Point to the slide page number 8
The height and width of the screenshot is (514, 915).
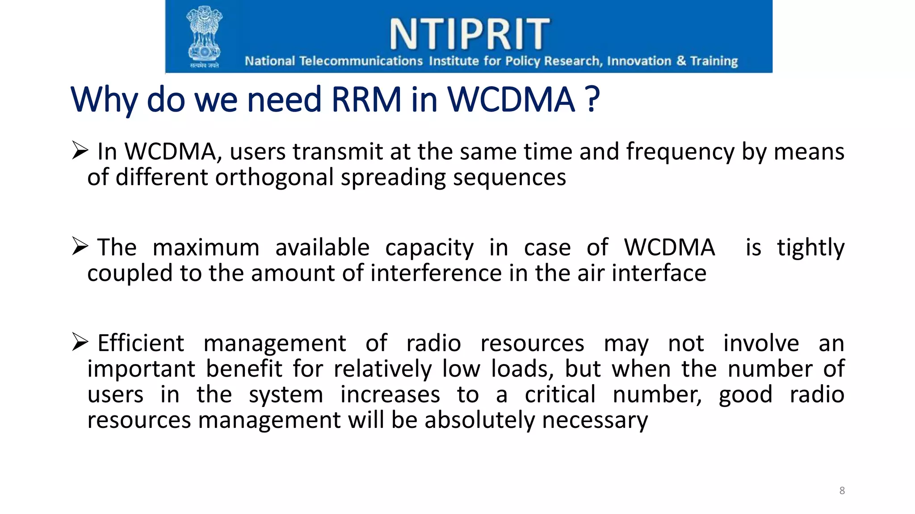pyautogui.click(x=842, y=490)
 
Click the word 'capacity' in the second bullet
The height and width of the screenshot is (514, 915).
pyautogui.click(x=429, y=248)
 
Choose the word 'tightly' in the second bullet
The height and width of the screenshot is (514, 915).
pyautogui.click(x=810, y=248)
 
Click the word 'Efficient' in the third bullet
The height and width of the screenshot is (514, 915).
pyautogui.click(x=140, y=344)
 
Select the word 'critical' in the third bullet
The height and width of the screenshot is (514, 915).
pyautogui.click(x=560, y=394)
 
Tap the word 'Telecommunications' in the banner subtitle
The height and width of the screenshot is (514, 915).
pyautogui.click(x=361, y=61)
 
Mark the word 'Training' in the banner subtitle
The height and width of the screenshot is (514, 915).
pyautogui.click(x=714, y=61)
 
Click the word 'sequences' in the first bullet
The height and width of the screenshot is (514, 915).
pyautogui.click(x=509, y=178)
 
